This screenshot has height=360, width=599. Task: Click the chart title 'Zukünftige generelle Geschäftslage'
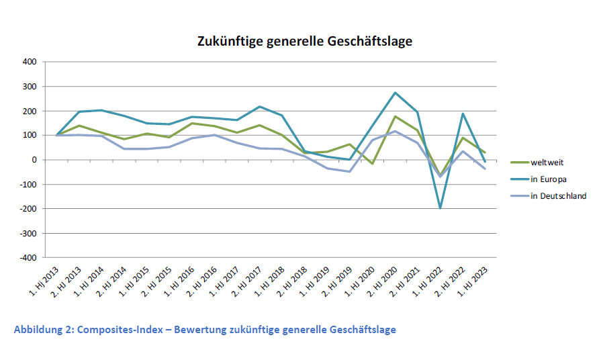tap(304, 42)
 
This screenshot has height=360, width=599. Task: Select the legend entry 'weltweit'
tap(548, 161)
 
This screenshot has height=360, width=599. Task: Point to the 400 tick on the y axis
tap(29, 62)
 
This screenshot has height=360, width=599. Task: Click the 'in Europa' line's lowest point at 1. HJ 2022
tap(440, 208)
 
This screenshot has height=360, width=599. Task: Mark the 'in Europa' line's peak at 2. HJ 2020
tap(395, 93)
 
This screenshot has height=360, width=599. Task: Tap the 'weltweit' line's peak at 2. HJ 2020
tap(395, 116)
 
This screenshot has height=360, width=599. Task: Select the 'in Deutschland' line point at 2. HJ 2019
tap(350, 171)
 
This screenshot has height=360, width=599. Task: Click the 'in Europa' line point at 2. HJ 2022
tap(462, 114)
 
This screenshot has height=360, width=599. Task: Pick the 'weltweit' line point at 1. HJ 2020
tap(372, 163)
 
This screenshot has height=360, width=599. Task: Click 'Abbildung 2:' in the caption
tap(44, 330)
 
